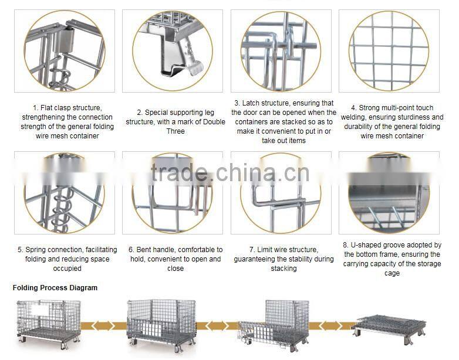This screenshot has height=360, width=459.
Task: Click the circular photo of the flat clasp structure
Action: [64, 51]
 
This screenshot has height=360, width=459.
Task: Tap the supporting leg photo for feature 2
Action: [172, 51]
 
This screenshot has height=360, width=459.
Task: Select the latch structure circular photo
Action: [280, 51]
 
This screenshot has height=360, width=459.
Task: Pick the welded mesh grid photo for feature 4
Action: [389, 51]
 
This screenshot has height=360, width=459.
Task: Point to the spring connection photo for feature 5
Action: [64, 193]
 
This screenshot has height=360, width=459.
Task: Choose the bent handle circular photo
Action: [172, 193]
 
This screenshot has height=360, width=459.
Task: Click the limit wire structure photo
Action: [280, 193]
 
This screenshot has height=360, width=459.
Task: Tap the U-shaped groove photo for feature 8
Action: [389, 193]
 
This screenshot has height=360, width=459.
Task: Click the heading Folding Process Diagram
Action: [55, 288]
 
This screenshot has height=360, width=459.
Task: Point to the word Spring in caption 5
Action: [36, 250]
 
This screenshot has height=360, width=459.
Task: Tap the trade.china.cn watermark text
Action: [229, 172]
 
